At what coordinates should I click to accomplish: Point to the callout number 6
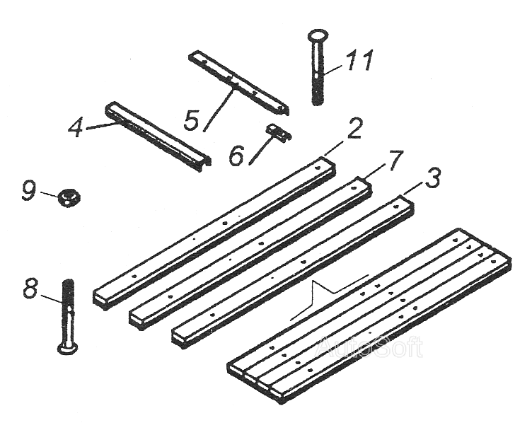click(236, 156)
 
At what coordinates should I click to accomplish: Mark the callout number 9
click(28, 190)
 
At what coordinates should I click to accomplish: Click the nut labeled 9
click(69, 197)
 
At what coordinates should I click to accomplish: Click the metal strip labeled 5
click(239, 81)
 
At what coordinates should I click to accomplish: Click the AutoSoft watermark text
click(370, 347)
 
